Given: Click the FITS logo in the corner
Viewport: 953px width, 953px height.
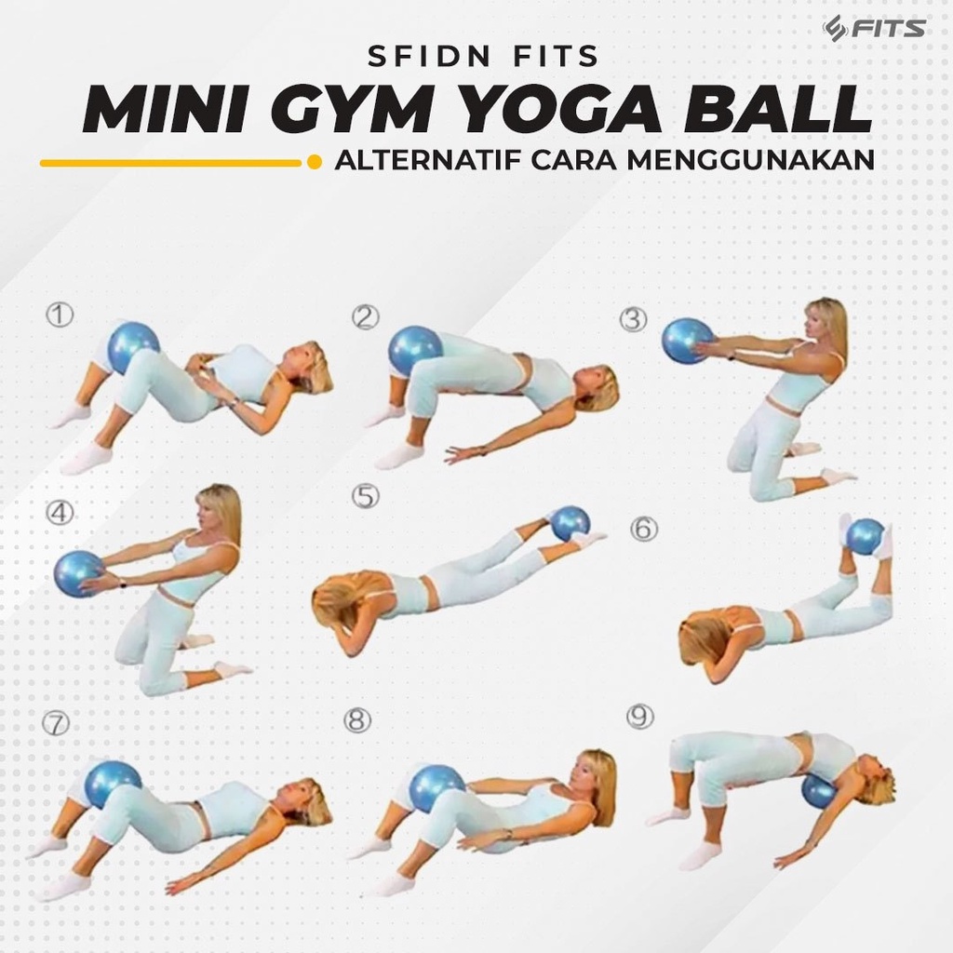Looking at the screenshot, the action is click(x=874, y=28).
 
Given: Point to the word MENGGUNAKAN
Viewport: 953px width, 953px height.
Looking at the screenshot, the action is click(x=751, y=160).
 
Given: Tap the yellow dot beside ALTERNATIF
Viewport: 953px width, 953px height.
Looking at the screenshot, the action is click(x=315, y=162).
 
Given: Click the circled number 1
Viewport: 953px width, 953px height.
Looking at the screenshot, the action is click(x=60, y=315).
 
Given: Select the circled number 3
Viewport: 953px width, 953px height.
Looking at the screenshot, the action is click(x=633, y=320).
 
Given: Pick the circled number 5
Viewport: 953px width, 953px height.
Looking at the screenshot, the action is click(x=365, y=496).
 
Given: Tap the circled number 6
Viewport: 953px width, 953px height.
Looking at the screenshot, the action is click(x=644, y=529).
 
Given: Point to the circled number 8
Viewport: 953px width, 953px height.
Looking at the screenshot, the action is click(x=356, y=720).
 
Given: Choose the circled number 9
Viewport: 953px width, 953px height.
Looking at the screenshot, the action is click(x=640, y=718).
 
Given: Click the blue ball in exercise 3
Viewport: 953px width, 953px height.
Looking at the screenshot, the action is click(x=688, y=342).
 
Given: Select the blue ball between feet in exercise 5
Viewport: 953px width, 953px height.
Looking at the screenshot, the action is click(x=570, y=523).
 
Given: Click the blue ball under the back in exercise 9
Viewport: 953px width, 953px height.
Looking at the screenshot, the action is click(x=819, y=790).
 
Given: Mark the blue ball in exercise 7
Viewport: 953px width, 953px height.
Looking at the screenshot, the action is click(x=113, y=785).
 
